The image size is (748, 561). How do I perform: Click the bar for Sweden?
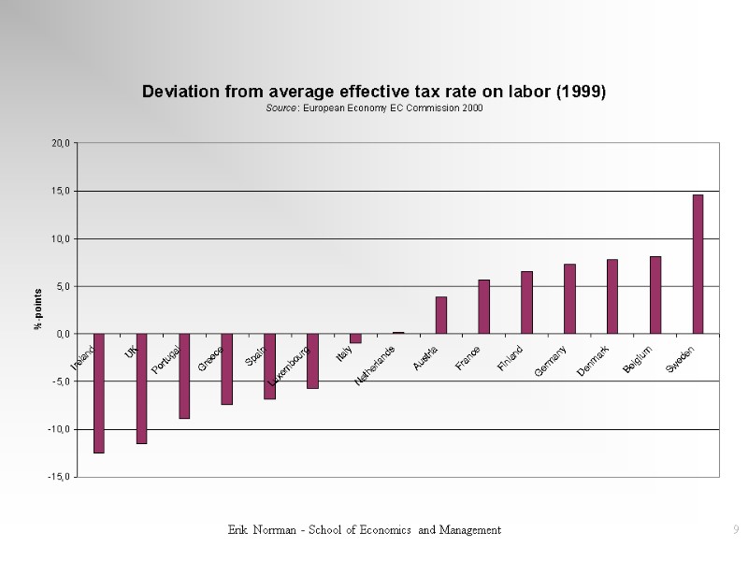[x=698, y=264]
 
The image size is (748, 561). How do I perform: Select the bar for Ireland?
[x=99, y=393]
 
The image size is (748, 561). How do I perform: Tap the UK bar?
[x=142, y=388]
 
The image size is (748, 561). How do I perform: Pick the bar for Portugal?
[x=184, y=376]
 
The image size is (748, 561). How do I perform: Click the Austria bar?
[x=441, y=315]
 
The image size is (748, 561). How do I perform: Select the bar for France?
[x=483, y=307]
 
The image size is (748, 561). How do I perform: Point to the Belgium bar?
[x=655, y=295]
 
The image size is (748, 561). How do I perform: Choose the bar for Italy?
[x=355, y=338]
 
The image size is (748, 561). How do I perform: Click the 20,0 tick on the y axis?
[x=61, y=143]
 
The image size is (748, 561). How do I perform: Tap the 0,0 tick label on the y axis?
[x=63, y=334]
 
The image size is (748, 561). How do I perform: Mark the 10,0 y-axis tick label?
[x=61, y=238]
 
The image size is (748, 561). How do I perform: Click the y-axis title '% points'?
[x=38, y=309]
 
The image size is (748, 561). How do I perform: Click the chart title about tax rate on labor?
[x=374, y=92]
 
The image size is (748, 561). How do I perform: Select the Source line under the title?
[x=374, y=108]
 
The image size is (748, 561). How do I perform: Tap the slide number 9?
[x=736, y=530]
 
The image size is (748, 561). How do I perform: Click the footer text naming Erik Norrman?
[x=365, y=530]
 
